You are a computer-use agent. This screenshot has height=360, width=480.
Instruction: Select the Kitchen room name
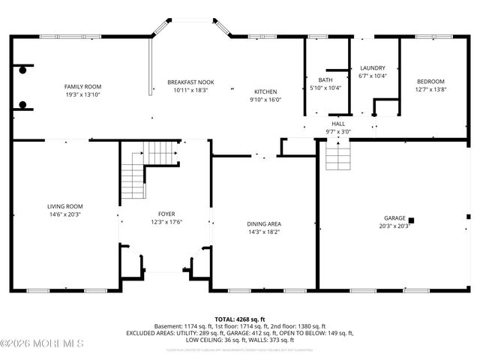[265, 91]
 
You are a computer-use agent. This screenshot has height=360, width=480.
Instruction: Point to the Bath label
[325, 79]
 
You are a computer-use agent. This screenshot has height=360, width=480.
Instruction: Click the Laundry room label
[372, 67]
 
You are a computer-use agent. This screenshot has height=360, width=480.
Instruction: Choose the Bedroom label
[430, 82]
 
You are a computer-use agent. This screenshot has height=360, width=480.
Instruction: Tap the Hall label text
[338, 124]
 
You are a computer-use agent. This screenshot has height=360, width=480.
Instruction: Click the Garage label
[394, 217]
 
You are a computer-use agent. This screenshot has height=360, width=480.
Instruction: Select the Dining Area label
[264, 223]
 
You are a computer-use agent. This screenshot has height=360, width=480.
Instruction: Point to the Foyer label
[166, 214]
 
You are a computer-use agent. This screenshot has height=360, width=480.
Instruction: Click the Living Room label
[64, 206]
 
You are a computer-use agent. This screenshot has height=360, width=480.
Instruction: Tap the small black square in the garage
[412, 220]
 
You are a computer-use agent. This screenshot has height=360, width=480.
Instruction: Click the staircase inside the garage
[338, 155]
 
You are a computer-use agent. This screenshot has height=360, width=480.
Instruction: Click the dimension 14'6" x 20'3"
[64, 214]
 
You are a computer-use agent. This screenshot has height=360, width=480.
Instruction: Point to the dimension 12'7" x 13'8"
[430, 89]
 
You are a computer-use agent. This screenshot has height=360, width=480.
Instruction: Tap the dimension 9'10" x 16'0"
[265, 100]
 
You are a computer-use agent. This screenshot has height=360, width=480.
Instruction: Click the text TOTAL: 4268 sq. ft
[239, 318]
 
